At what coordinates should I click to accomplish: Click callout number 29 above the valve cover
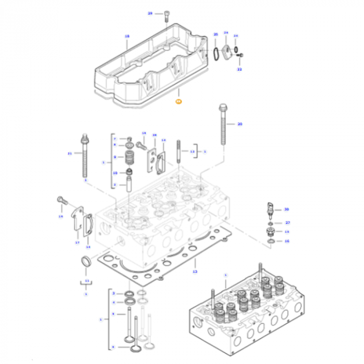click(150, 13)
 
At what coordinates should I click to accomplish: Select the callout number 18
click(126, 36)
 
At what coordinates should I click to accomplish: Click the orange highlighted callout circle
click(178, 101)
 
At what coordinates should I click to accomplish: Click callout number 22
click(239, 69)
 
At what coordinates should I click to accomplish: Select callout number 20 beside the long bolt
click(240, 124)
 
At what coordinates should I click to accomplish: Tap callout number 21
click(70, 153)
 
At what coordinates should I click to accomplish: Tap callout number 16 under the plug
click(287, 241)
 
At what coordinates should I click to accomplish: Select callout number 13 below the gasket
click(195, 271)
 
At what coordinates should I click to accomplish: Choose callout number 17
click(77, 242)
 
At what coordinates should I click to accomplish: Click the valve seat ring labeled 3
click(128, 294)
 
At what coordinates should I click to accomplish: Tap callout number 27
click(287, 223)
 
